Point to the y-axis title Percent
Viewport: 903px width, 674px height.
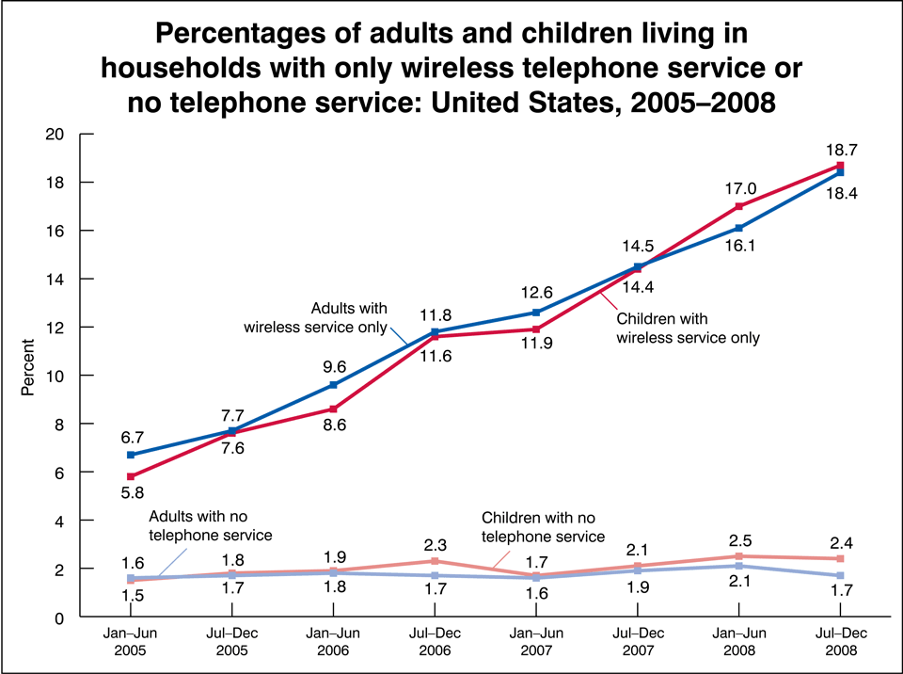click(x=28, y=375)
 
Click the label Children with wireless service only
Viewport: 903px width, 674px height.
click(x=688, y=326)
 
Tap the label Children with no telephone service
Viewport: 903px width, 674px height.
click(x=543, y=527)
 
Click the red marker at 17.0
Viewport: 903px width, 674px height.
click(x=739, y=206)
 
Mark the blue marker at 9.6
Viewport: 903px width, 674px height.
click(x=334, y=385)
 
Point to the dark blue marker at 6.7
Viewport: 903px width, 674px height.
click(x=131, y=455)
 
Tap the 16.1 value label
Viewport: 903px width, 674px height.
click(x=739, y=247)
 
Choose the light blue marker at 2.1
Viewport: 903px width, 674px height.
click(x=739, y=566)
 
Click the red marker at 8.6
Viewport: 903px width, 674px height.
click(x=334, y=409)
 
